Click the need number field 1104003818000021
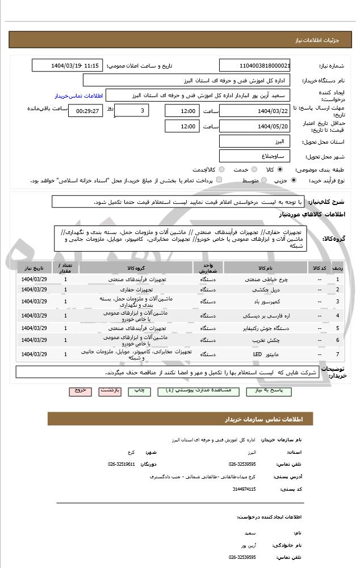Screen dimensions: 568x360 (x=255, y=65)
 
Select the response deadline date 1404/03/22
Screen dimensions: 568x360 (x=255, y=111)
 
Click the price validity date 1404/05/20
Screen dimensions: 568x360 (x=255, y=126)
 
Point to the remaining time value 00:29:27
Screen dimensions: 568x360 (x=85, y=111)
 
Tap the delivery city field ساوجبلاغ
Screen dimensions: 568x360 (x=255, y=156)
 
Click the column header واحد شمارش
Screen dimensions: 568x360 (x=206, y=268)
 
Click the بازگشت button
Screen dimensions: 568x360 (x=109, y=391)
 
